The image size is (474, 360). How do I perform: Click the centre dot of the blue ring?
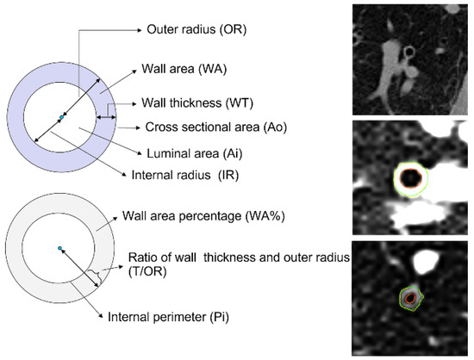(x=60, y=116)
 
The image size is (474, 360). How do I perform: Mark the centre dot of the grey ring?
(x=59, y=248)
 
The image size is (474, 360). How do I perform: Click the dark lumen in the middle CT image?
(x=412, y=178)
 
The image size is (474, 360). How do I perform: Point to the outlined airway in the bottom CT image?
(x=410, y=298)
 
